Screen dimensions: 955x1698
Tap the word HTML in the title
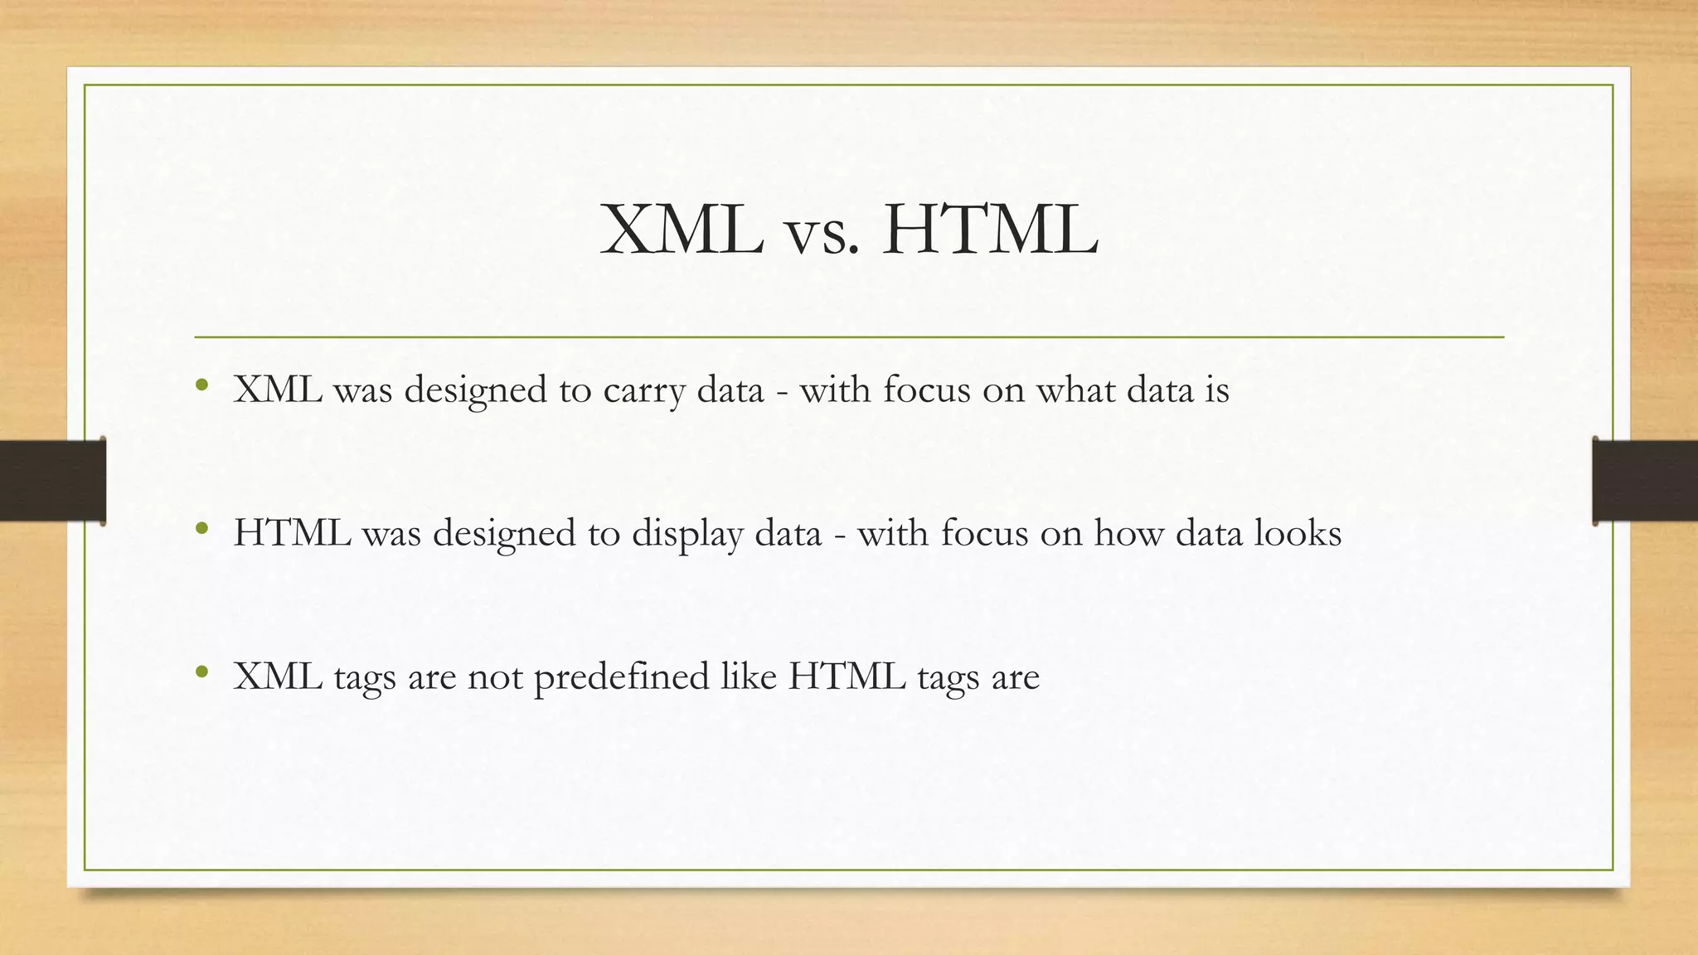990,230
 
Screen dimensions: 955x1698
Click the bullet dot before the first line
201,385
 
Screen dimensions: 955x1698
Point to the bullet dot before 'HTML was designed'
201,529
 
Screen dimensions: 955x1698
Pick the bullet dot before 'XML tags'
201,672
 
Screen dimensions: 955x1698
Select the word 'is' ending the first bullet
1216,390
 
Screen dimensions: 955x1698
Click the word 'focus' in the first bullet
926,390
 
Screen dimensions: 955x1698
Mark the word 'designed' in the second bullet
504,534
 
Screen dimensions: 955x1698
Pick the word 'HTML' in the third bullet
847,676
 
